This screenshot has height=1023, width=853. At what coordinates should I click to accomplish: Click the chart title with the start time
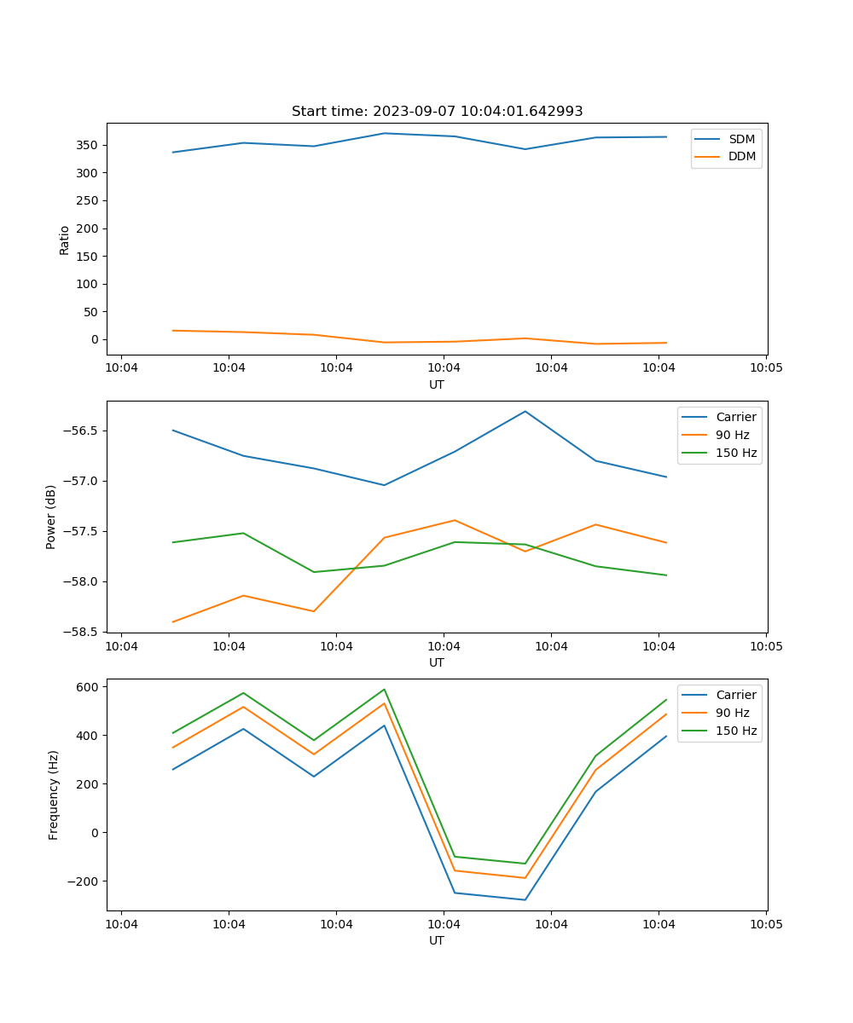437,112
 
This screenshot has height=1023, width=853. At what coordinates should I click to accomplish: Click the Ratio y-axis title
65,240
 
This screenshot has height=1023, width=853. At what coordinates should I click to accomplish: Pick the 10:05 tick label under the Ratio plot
765,367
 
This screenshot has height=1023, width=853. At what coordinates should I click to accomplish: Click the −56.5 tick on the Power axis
81,431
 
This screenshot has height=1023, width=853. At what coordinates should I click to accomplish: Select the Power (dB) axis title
51,517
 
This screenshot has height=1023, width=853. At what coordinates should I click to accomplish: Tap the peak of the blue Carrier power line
525,412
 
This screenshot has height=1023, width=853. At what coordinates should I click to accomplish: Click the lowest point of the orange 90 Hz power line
173,622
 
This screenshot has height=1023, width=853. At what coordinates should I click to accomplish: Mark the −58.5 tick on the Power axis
81,633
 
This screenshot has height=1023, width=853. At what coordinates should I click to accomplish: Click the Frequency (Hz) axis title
53,795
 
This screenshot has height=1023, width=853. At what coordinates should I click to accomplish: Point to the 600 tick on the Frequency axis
89,686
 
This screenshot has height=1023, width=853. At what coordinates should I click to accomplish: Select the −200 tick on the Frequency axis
83,881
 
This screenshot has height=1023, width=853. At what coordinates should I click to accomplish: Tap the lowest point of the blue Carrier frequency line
525,900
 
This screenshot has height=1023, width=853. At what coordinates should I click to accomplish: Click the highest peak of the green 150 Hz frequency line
384,690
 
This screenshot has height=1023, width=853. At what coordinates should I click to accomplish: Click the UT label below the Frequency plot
437,940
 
